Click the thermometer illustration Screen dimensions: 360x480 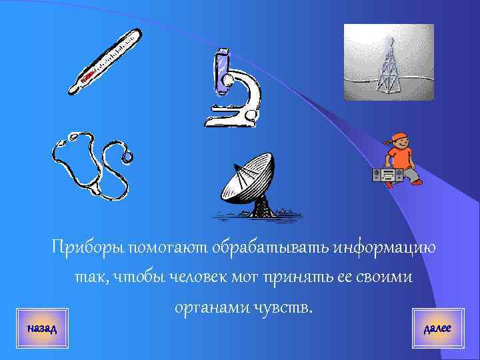pos(107,61)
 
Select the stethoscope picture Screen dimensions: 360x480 pos(90,167)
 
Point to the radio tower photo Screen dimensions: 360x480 pos(388,62)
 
